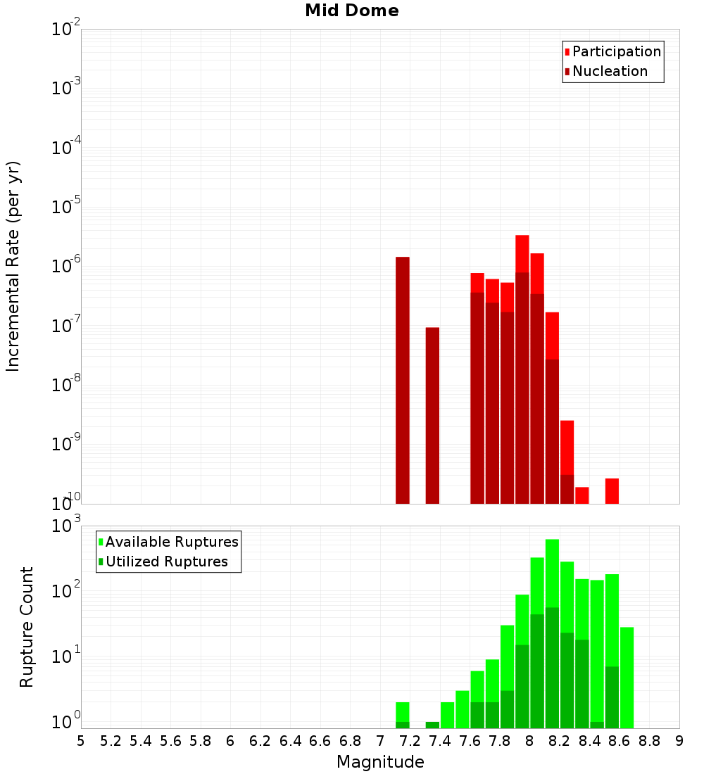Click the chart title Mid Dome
pyautogui.click(x=351, y=11)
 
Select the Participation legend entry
pyautogui.click(x=617, y=51)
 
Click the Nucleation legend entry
pyautogui.click(x=610, y=71)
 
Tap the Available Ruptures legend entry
pyautogui.click(x=172, y=542)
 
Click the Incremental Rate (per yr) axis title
pyautogui.click(x=13, y=267)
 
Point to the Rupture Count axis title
pyautogui.click(x=27, y=627)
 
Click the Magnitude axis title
pyautogui.click(x=380, y=762)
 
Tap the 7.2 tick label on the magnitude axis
pyautogui.click(x=410, y=741)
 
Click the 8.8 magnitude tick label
pyautogui.click(x=649, y=741)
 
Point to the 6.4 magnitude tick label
pyautogui.click(x=290, y=741)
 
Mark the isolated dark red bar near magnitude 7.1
pyautogui.click(x=403, y=380)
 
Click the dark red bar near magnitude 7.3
pyautogui.click(x=432, y=415)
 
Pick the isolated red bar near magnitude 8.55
pyautogui.click(x=612, y=491)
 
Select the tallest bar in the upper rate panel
pyautogui.click(x=522, y=369)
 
